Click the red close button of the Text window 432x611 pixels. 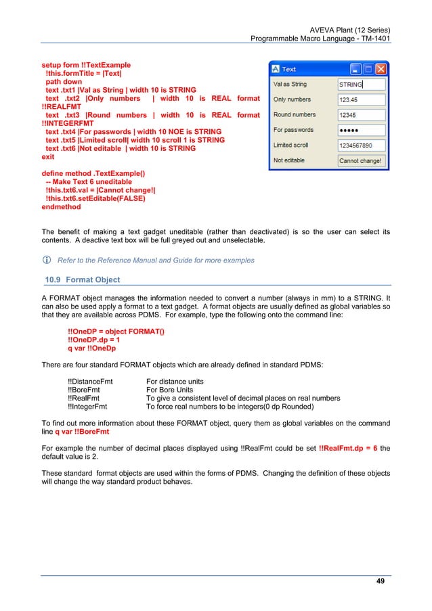381,69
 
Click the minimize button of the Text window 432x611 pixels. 356,69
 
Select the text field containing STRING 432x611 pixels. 361,85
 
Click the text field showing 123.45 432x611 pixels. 361,99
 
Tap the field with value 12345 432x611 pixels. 361,115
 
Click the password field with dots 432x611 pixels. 361,130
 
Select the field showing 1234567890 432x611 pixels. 361,145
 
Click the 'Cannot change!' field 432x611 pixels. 361,161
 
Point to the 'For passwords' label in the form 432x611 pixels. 293,130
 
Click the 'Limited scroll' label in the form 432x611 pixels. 292,145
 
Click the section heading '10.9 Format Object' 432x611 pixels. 79,279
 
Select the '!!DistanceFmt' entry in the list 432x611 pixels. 90,382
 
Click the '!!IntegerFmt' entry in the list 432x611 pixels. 88,407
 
